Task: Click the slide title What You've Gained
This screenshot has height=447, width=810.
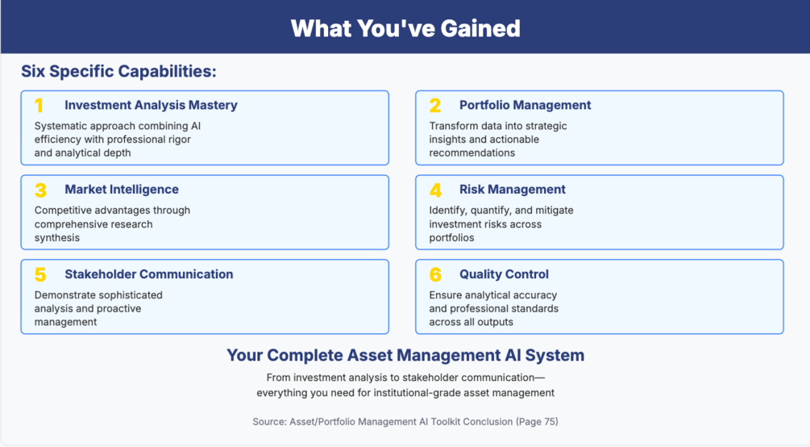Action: (405, 28)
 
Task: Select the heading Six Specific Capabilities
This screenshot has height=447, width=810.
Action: (118, 71)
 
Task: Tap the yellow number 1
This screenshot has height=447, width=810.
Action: (39, 106)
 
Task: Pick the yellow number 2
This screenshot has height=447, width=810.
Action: (435, 106)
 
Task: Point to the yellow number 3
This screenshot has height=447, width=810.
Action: (40, 190)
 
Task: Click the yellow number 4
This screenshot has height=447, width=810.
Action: (435, 190)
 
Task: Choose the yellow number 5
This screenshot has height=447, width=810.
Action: (40, 274)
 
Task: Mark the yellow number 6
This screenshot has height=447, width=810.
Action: (435, 274)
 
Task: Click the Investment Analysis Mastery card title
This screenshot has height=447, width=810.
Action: (151, 105)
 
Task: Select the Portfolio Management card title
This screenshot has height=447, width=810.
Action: (525, 105)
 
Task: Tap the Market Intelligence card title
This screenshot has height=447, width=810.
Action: (122, 190)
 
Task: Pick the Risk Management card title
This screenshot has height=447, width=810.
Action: (513, 190)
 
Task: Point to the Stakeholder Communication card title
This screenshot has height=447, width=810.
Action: (149, 274)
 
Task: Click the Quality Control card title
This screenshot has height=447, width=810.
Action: (504, 274)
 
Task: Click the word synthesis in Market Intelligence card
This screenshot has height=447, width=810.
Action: (57, 238)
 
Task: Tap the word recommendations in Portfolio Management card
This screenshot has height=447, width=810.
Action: (471, 152)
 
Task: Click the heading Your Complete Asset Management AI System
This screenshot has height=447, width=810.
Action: (405, 356)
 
